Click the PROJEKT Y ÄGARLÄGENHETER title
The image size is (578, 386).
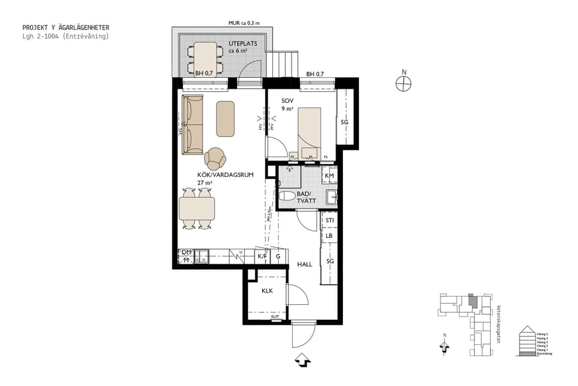coord(66,28)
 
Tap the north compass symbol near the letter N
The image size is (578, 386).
coord(403,82)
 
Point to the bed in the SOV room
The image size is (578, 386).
coord(311,132)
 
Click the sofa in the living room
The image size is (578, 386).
coord(192,125)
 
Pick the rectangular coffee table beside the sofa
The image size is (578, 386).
coord(225,118)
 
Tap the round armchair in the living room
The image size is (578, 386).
coord(215,158)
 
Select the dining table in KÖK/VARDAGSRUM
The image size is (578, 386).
coord(197,208)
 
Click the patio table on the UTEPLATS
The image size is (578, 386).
coord(206,57)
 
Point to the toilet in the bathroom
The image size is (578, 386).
coord(287,196)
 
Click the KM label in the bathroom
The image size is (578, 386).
coord(329,176)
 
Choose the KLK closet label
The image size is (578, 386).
coord(267,291)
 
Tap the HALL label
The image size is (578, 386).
coord(304,264)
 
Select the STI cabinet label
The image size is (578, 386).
coord(329,221)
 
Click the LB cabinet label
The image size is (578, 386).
coord(329,236)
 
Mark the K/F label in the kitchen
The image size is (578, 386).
coord(261,257)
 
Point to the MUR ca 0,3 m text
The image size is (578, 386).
coord(243,23)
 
